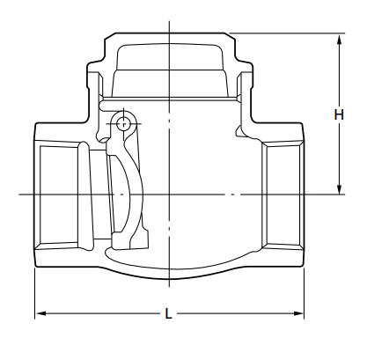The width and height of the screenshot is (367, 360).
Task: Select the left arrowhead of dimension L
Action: tap(40, 313)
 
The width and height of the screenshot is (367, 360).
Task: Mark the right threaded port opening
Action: tap(283, 193)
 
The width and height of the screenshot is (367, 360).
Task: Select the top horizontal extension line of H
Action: tap(290, 33)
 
